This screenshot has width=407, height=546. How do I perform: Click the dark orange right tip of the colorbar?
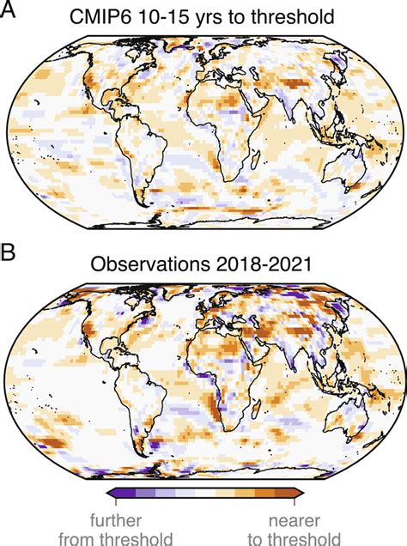(x=299, y=493)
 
